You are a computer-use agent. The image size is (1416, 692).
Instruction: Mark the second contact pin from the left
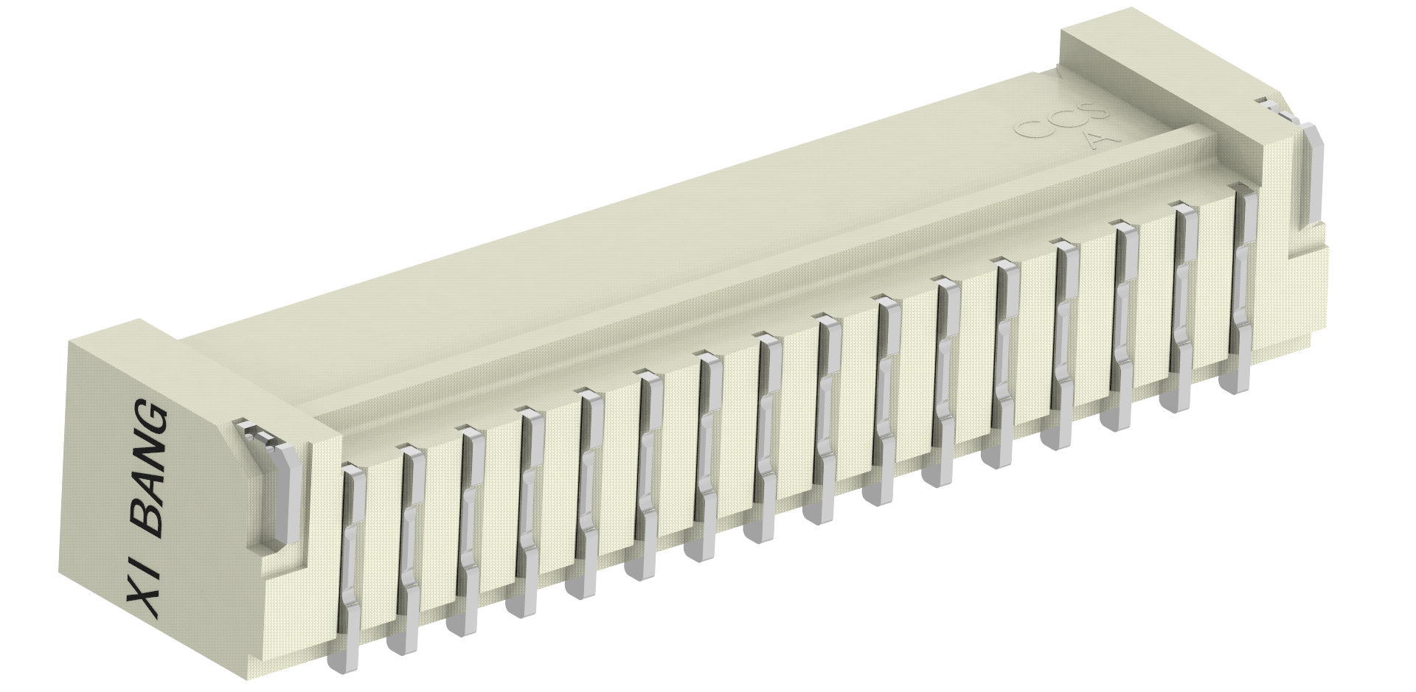click(412, 516)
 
